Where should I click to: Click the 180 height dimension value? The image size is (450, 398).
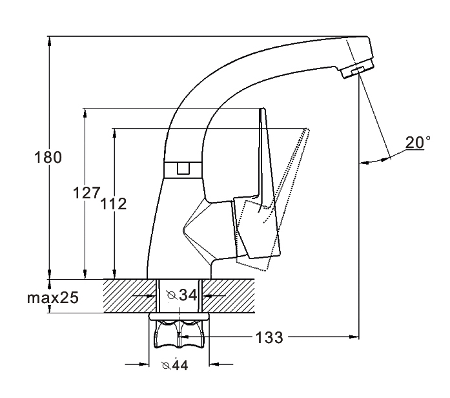click(x=48, y=158)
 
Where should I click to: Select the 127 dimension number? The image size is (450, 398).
click(x=87, y=193)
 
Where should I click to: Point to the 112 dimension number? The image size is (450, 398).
click(x=113, y=204)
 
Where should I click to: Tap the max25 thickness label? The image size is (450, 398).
click(x=53, y=298)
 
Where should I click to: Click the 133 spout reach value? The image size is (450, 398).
click(x=269, y=337)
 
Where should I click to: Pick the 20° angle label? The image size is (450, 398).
click(x=418, y=142)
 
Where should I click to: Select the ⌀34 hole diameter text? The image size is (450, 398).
click(x=182, y=295)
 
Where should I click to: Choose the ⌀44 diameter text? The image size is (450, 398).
click(x=175, y=365)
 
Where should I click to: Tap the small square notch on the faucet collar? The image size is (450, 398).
click(x=183, y=168)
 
